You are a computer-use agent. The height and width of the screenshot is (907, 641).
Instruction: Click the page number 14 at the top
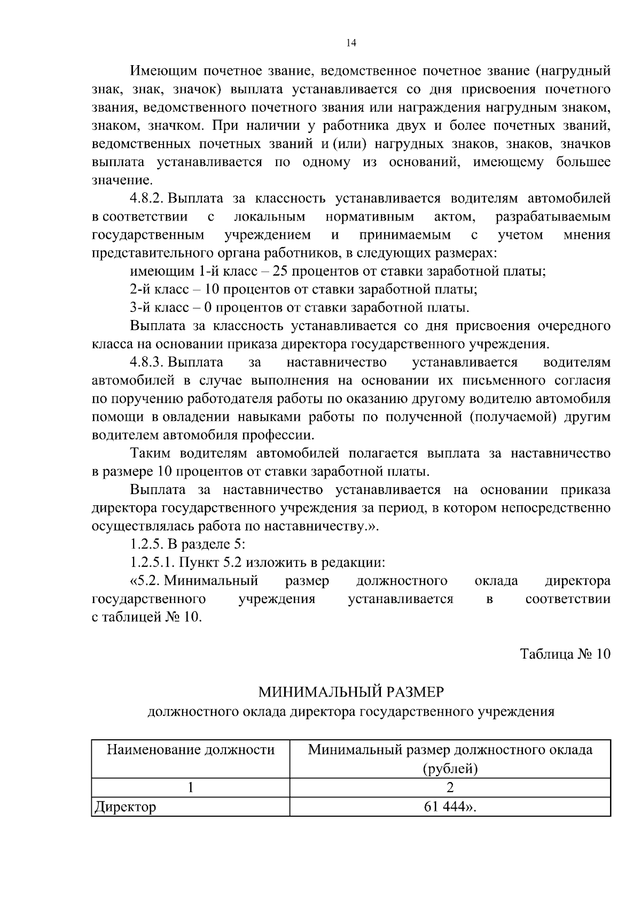point(351,43)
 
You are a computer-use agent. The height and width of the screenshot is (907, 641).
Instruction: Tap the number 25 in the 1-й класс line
point(280,271)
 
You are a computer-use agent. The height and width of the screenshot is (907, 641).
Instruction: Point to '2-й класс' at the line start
point(159,290)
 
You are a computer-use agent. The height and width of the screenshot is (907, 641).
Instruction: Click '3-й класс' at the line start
point(159,308)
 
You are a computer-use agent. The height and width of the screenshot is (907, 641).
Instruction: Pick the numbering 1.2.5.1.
point(152,562)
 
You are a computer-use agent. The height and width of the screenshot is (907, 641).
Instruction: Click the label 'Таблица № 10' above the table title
point(565,654)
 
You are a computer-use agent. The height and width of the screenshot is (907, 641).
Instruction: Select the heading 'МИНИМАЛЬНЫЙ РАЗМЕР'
point(351,692)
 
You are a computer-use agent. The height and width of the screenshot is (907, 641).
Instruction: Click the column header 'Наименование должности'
point(191,750)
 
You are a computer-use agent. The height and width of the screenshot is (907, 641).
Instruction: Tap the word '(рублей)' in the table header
point(450,769)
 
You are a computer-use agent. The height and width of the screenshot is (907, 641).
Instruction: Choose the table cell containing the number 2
point(450,788)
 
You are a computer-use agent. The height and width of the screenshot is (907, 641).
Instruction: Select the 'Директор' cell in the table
point(125,807)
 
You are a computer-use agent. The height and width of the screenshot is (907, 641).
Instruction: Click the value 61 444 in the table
point(444,807)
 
